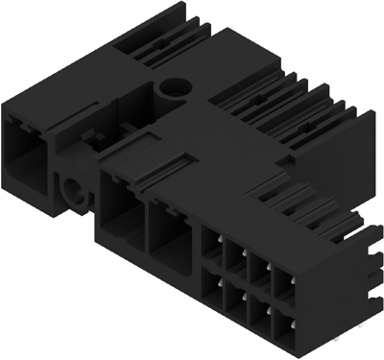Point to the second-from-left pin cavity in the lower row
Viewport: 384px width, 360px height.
(237, 300)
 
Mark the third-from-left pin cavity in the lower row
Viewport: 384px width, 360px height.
(261, 309)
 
